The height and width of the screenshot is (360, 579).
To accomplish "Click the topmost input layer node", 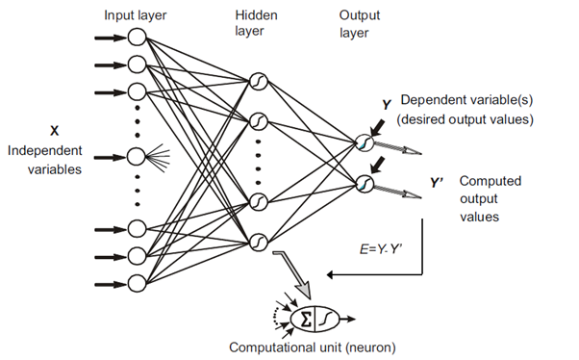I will (x=137, y=39).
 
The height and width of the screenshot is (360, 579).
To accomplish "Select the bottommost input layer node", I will (x=137, y=282).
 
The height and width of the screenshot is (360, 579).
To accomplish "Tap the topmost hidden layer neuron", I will (x=257, y=80).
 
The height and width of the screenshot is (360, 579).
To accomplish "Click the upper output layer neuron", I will (x=364, y=141).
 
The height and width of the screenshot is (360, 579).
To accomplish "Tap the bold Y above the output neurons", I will (x=386, y=104).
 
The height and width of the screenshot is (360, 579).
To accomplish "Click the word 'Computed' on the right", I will (x=488, y=180).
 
